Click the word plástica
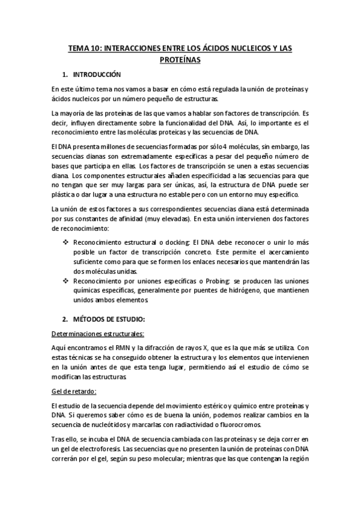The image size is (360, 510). (x=65, y=194)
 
